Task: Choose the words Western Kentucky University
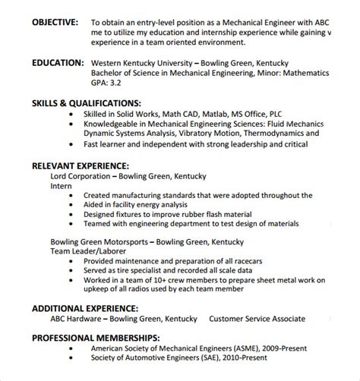[141, 64]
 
